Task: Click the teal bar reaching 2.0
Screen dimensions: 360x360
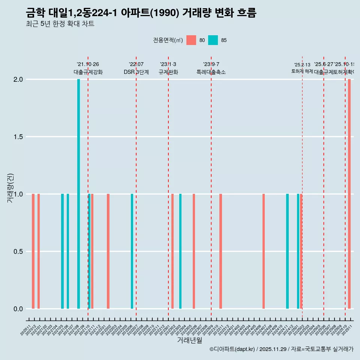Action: tap(78, 194)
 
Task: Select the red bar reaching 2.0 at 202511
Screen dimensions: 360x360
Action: tap(349, 194)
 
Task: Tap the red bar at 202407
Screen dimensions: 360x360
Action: tap(264, 251)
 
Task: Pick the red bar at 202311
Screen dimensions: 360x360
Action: tap(220, 251)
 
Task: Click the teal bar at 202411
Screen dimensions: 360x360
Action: tap(287, 251)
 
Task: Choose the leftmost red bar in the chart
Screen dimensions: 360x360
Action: tap(33, 251)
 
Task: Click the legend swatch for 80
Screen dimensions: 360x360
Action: tap(191, 40)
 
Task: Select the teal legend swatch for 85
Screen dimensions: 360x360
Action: tap(213, 40)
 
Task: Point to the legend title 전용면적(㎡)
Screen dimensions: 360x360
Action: tap(168, 40)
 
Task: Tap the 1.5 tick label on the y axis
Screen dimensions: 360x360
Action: tap(18, 137)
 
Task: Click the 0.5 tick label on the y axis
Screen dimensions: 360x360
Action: tap(18, 252)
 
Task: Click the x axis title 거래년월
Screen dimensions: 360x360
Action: tap(189, 340)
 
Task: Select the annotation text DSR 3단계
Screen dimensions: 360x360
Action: tap(136, 72)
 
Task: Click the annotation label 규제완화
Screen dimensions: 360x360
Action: tap(168, 72)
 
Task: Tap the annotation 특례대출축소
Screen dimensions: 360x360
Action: tap(211, 72)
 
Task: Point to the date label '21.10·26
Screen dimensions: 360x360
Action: tap(88, 64)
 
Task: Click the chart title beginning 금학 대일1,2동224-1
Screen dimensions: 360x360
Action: tap(141, 13)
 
